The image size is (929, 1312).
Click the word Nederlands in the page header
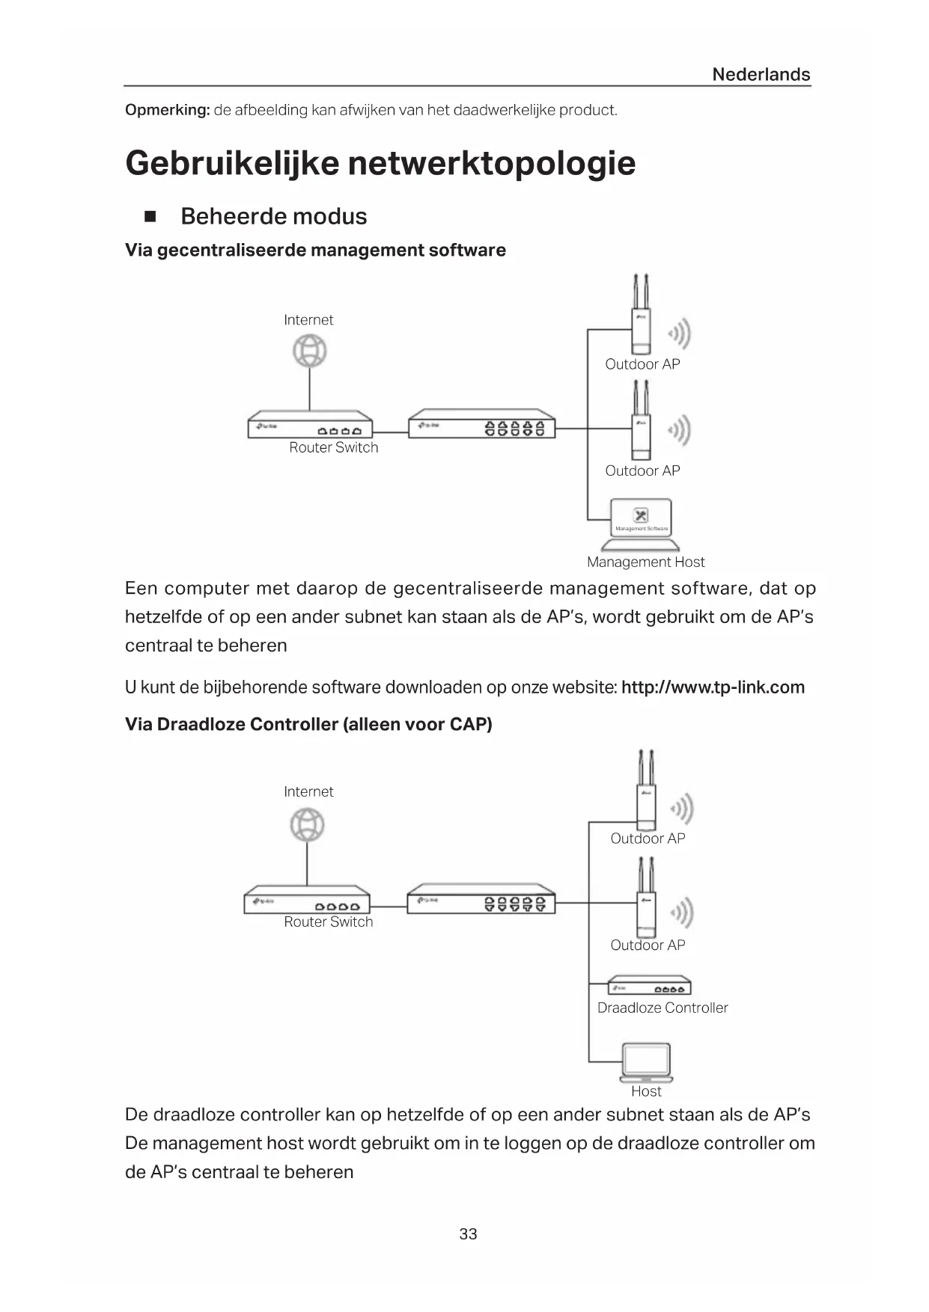tap(761, 74)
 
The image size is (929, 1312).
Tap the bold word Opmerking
tap(167, 110)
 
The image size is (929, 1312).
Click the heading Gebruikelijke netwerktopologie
tap(380, 163)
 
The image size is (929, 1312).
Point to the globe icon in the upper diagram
tap(309, 351)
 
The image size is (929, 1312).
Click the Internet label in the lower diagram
tap(308, 791)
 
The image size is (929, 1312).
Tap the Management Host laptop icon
tap(641, 521)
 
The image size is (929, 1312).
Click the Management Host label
tap(645, 562)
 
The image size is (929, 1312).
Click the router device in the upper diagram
tap(310, 425)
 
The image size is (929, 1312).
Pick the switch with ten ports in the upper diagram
tap(482, 424)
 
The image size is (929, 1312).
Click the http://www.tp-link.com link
tap(713, 687)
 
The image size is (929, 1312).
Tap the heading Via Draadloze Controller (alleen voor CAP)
tap(308, 724)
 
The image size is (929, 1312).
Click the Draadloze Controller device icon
tap(648, 986)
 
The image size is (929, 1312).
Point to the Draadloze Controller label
tap(663, 1008)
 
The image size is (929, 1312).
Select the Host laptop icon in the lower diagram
tap(646, 1063)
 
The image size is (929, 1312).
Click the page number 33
tap(468, 1234)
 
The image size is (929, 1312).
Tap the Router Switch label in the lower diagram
tap(328, 922)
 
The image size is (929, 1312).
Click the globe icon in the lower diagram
tap(307, 826)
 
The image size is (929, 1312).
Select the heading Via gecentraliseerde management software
tap(315, 250)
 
